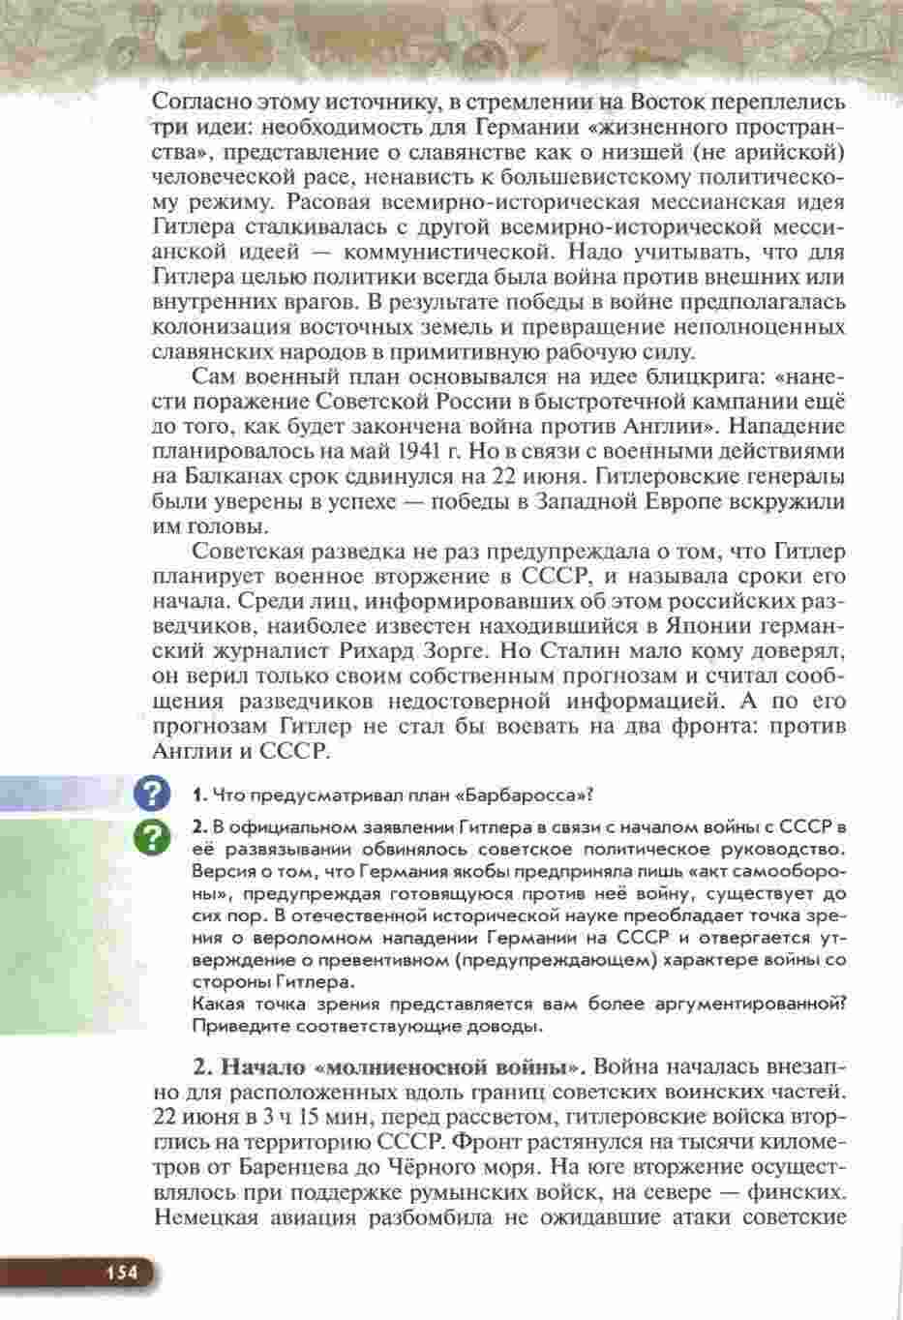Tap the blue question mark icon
(x=153, y=794)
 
